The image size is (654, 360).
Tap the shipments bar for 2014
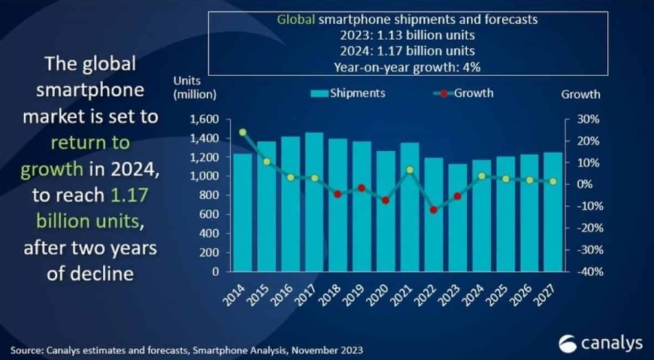[243, 212]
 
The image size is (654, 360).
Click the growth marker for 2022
[434, 210]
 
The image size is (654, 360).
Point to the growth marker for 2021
[410, 170]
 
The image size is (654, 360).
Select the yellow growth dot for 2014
[243, 132]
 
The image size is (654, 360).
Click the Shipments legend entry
[348, 93]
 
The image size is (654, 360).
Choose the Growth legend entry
[463, 93]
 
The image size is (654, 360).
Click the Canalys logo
[601, 343]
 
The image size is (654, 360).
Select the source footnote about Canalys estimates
[187, 349]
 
